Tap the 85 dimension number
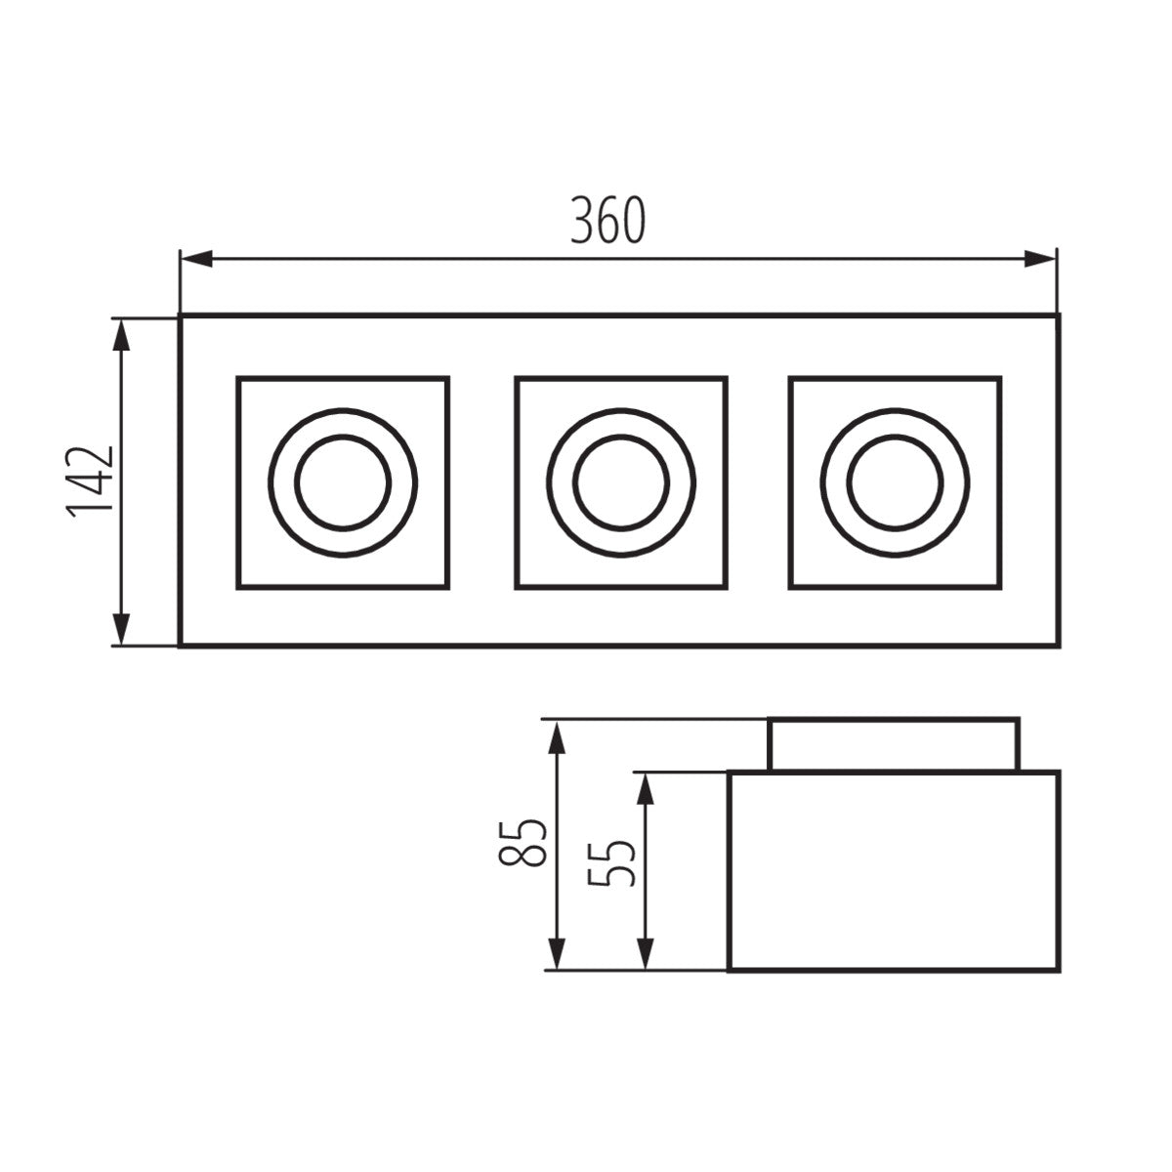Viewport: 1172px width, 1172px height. (x=521, y=842)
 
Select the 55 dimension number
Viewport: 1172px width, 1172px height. (x=613, y=857)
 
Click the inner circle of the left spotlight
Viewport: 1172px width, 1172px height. (x=344, y=482)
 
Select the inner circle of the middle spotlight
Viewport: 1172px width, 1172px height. (x=621, y=482)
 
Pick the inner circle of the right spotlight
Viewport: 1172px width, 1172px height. (x=896, y=482)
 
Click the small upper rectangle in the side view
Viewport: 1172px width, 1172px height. (x=894, y=745)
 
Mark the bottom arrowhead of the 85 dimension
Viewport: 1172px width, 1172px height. (x=556, y=953)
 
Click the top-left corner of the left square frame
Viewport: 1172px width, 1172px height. (x=238, y=378)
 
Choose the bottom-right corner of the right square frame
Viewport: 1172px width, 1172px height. (x=998, y=588)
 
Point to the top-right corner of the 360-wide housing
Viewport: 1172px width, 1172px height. (x=1057, y=316)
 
